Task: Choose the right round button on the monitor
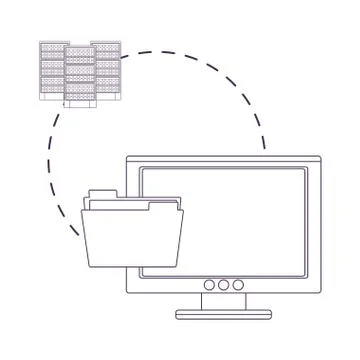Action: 238,284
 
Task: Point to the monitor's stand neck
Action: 223,303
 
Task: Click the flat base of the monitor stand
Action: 223,314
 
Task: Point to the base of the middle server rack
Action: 80,104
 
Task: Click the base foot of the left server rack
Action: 51,97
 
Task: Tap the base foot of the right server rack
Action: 108,97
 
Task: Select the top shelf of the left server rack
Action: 51,46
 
